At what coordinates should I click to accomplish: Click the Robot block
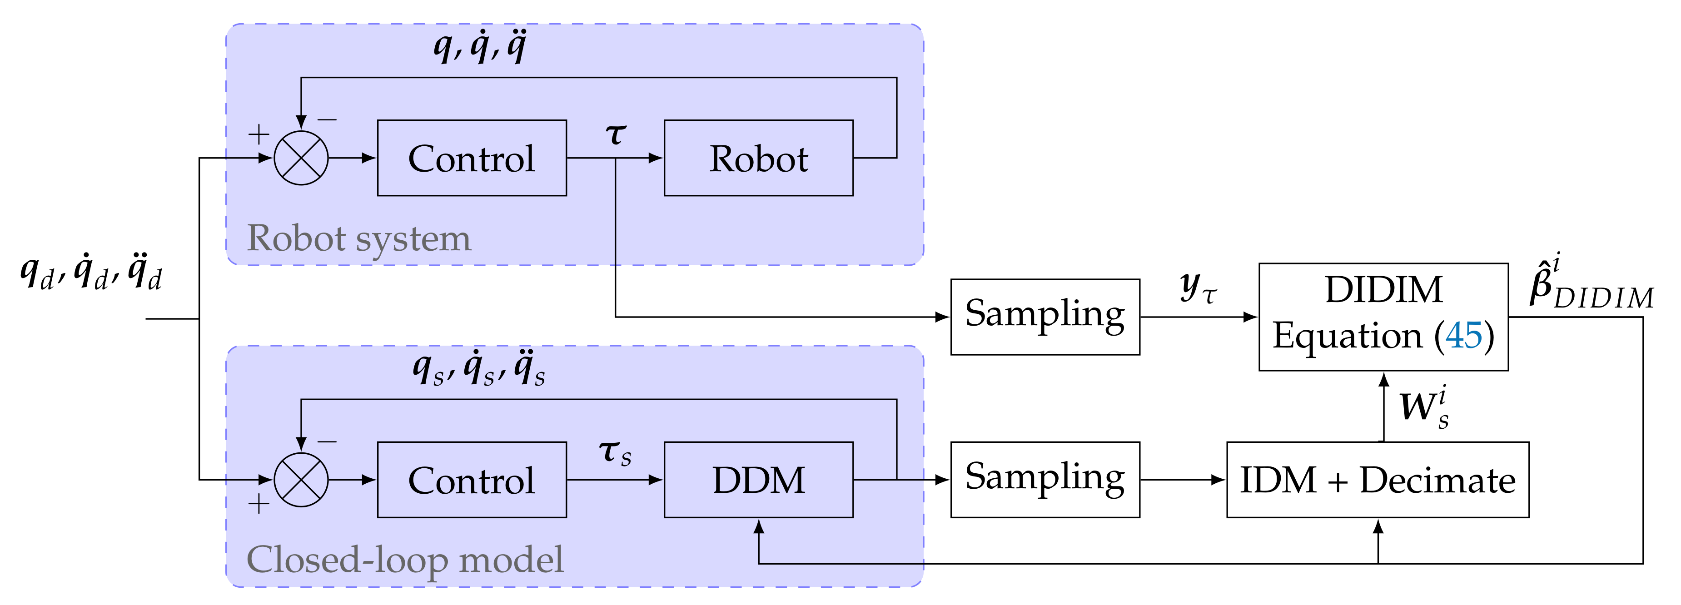(x=758, y=158)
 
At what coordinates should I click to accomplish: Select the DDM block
(x=758, y=481)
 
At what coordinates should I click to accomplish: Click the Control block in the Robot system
(x=472, y=158)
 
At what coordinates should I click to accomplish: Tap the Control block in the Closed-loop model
(x=472, y=481)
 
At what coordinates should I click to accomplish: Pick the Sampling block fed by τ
(x=1045, y=317)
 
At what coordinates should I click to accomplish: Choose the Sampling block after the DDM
(x=1045, y=479)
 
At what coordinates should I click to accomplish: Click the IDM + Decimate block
(x=1378, y=481)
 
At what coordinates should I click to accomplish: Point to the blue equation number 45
(x=1464, y=336)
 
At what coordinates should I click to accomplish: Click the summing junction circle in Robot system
(x=301, y=158)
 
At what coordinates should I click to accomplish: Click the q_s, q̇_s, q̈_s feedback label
(x=478, y=369)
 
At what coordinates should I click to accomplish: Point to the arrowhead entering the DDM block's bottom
(x=758, y=526)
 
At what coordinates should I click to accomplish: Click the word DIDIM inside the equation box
(x=1383, y=290)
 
